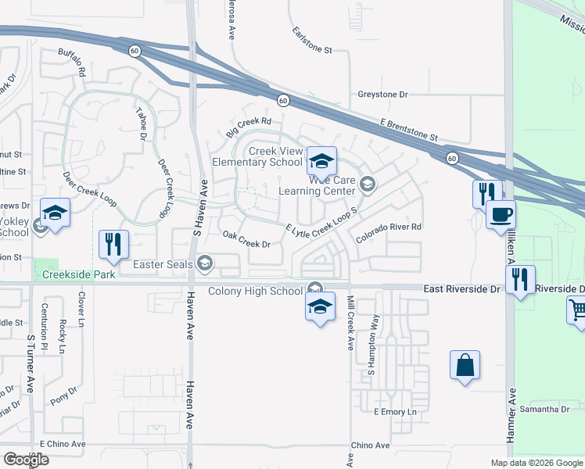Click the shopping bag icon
[465, 365]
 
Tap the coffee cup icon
[501, 213]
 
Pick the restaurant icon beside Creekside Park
[113, 244]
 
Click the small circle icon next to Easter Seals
[205, 263]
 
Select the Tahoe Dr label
[142, 124]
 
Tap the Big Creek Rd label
[249, 127]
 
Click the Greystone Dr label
[383, 95]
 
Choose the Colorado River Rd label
[389, 227]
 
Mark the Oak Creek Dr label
[246, 239]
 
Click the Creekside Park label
[79, 274]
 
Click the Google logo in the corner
[26, 460]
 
